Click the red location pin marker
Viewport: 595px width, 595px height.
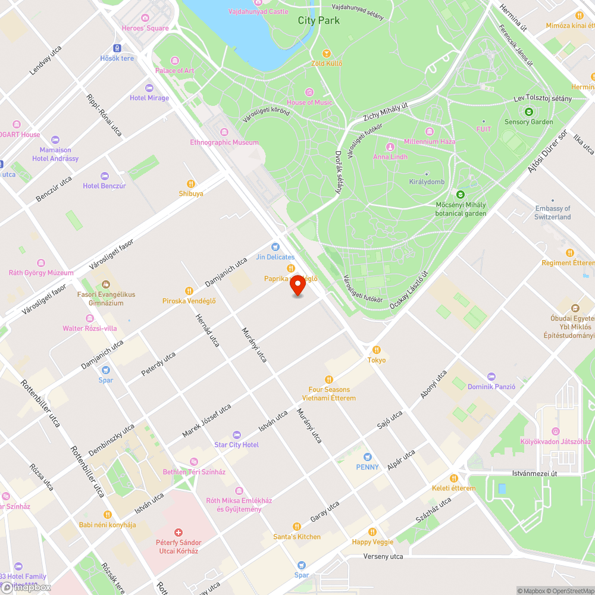coord(297,286)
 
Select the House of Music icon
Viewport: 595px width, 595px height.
coord(309,92)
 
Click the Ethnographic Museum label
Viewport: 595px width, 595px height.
coord(224,142)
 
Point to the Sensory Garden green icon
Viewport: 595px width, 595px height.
coord(528,111)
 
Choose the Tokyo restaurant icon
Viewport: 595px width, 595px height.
coord(376,350)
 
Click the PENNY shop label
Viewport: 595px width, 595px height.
coord(367,467)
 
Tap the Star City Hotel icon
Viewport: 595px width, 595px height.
coord(237,435)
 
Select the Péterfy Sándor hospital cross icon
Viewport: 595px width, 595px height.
coord(178,533)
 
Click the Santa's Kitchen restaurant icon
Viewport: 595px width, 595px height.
coord(297,527)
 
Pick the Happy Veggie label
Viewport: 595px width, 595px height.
coord(372,542)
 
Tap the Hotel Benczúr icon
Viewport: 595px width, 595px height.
coord(105,176)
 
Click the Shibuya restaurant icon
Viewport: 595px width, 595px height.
coord(191,184)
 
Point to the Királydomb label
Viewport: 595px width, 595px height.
coord(427,182)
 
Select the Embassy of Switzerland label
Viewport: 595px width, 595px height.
coord(552,212)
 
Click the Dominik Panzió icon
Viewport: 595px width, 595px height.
coord(491,377)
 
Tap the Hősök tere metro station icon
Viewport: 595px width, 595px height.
coord(117,48)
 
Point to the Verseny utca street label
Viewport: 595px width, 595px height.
coord(383,556)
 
